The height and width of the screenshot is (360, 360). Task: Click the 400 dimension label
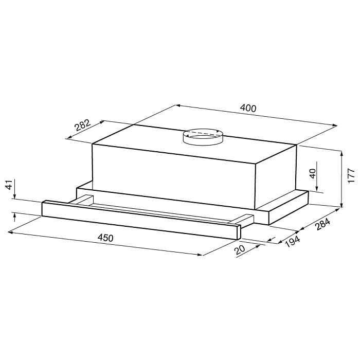point(248,108)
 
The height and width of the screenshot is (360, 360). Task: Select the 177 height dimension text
point(351,176)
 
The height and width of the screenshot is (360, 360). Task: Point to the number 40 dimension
point(313,173)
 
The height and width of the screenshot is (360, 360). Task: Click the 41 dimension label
point(9,184)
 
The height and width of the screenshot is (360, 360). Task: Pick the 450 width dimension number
point(105,238)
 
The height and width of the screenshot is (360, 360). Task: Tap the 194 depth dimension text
point(293,242)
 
